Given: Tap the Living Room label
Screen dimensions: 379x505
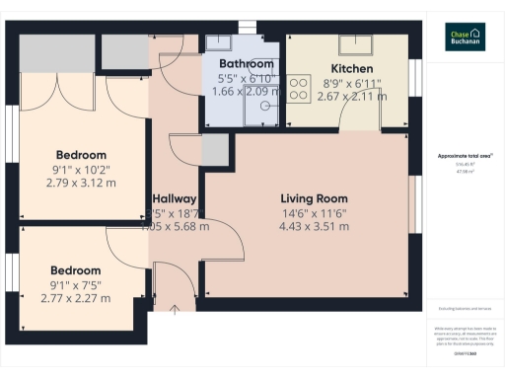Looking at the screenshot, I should pos(308,195).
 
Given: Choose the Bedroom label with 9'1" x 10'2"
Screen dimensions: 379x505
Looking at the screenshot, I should pos(81,155).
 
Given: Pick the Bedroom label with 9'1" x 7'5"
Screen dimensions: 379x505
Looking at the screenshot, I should pos(76,270).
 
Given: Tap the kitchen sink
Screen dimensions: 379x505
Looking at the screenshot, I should pos(353,44).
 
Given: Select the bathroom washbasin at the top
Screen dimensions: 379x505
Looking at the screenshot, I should pos(219,43).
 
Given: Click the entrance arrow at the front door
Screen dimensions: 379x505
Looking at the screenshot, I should pos(175,310).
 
